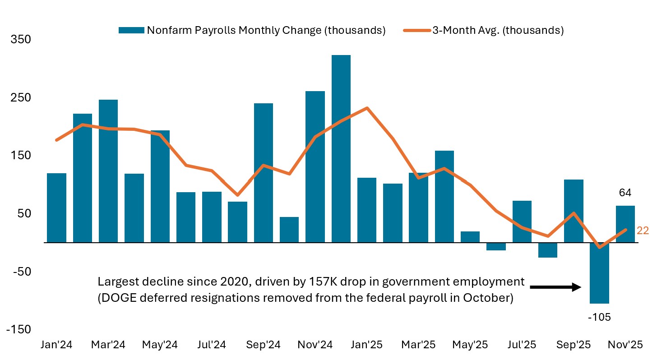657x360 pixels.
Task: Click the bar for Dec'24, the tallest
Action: point(341,149)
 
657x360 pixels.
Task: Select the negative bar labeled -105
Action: point(599,273)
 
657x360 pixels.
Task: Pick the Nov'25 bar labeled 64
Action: point(625,224)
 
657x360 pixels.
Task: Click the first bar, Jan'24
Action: point(56,208)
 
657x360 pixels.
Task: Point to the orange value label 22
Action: point(643,231)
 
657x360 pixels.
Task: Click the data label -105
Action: point(599,317)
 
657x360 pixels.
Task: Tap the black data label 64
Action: point(625,193)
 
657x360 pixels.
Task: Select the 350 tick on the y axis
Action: point(21,40)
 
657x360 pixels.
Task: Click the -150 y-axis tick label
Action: point(19,330)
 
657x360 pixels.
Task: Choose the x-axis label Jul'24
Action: point(212,345)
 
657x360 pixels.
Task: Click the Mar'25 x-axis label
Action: point(418,345)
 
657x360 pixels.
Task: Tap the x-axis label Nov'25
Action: point(625,345)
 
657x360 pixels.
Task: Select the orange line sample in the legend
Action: point(416,30)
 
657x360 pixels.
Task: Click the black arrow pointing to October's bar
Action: point(555,287)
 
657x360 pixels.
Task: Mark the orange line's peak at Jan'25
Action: point(367,108)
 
